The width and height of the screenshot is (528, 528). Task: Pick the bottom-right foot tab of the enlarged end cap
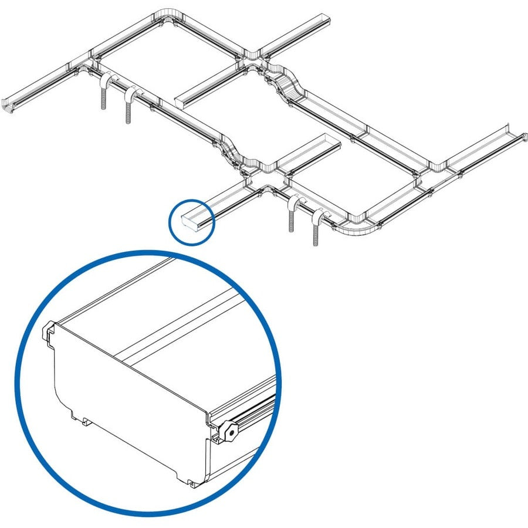pos(192,483)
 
